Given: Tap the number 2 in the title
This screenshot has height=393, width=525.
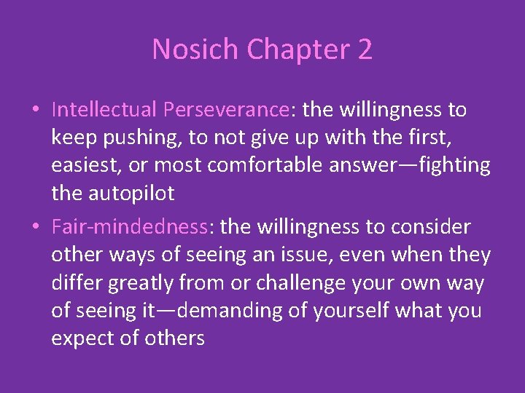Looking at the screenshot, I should click(363, 49).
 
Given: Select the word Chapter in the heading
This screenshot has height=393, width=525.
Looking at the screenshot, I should click(295, 49).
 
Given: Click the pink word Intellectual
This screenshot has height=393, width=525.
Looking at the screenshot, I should click(104, 110).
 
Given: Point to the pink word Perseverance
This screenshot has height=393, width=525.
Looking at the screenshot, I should click(226, 110).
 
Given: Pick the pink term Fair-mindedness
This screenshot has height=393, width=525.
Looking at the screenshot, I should click(130, 227).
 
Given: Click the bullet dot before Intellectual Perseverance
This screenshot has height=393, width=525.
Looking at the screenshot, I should click(35, 111).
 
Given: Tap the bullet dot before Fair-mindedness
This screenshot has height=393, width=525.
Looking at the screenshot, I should click(35, 228).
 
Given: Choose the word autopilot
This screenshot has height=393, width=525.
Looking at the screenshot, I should click(133, 193).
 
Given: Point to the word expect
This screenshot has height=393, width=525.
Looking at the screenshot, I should click(86, 338).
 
